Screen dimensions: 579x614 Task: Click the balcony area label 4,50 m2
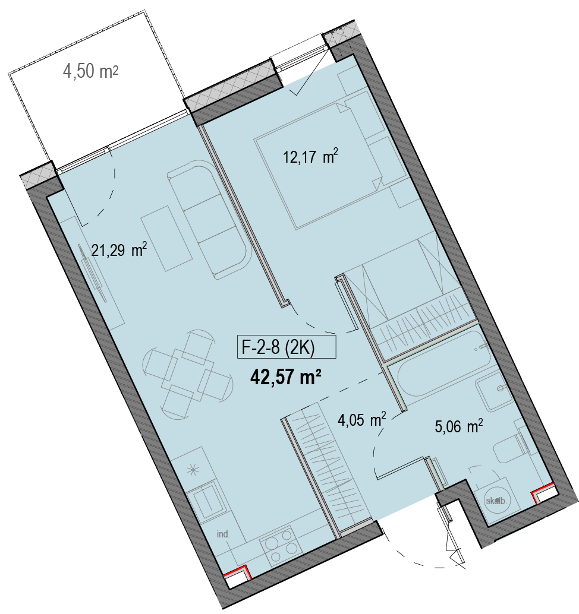pyautogui.click(x=90, y=71)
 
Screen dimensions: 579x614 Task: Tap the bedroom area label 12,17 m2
pyautogui.click(x=310, y=156)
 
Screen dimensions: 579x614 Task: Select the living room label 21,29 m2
pyautogui.click(x=119, y=249)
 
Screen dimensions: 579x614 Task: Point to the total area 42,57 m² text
pyautogui.click(x=286, y=377)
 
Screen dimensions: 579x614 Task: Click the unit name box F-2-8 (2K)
pyautogui.click(x=287, y=347)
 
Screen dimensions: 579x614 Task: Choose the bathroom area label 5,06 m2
pyautogui.click(x=459, y=426)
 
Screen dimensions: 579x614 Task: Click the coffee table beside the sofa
pyautogui.click(x=166, y=239)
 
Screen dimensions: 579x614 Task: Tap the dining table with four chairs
pyautogui.click(x=188, y=374)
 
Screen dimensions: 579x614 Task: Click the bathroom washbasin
pyautogui.click(x=495, y=390)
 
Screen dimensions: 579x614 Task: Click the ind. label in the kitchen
pyautogui.click(x=223, y=534)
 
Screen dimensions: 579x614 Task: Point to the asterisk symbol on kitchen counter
pyautogui.click(x=193, y=470)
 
